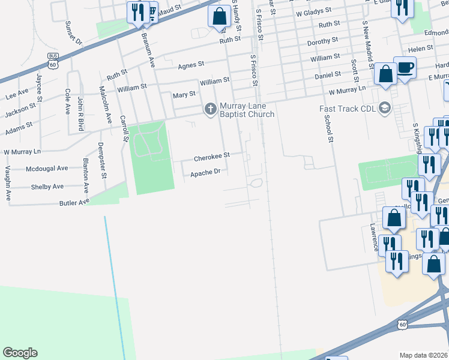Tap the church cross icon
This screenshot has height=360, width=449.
click(x=210, y=109)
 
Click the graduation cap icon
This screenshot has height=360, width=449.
click(x=384, y=109)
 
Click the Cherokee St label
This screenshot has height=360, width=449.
click(x=211, y=157)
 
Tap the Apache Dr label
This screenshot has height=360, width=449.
click(x=206, y=173)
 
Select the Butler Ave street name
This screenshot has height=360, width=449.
click(x=74, y=203)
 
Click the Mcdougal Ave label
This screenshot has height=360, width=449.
click(x=47, y=169)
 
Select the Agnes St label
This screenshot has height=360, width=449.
click(x=191, y=64)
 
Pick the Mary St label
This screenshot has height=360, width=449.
click(x=184, y=95)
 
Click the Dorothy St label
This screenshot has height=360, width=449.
click(x=322, y=41)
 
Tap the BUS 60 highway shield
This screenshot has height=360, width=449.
click(x=53, y=61)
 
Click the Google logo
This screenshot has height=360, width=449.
click(x=20, y=353)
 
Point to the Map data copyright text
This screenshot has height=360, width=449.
click(x=423, y=355)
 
